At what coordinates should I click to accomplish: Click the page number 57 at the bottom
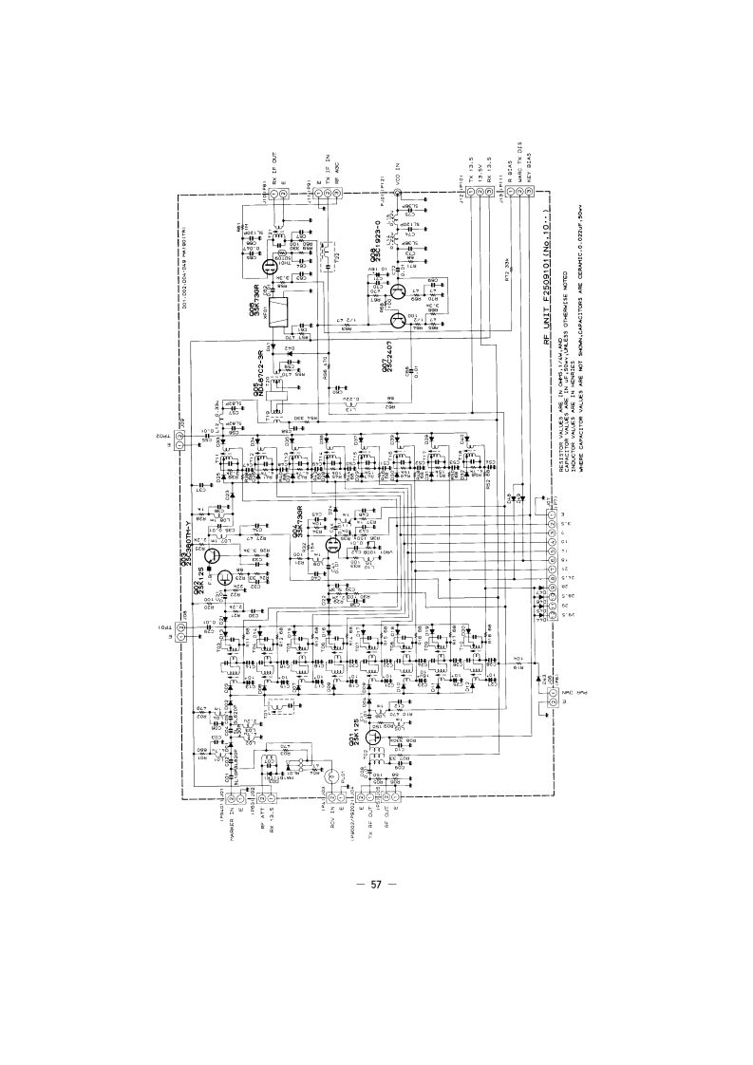(376, 886)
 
